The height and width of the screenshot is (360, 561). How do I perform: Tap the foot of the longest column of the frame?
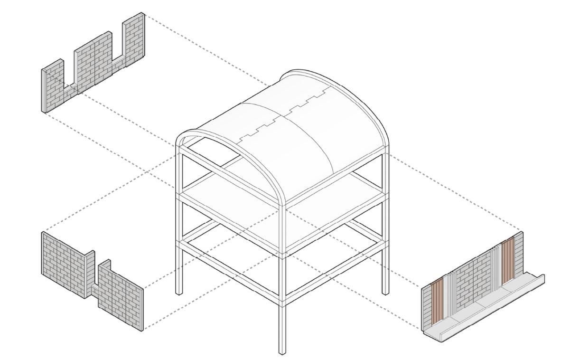pyautogui.click(x=282, y=351)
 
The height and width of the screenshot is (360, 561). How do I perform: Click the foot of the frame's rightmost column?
pyautogui.click(x=385, y=291)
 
